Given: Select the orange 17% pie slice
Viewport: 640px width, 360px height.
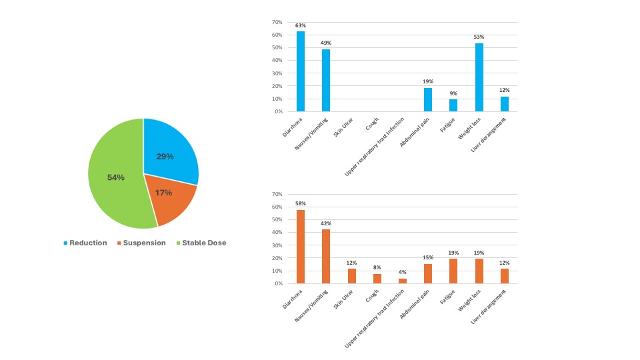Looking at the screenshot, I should tap(167, 197).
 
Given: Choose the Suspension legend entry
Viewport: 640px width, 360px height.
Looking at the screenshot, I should tap(141, 243).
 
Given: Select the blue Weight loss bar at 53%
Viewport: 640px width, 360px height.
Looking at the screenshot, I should tap(479, 77).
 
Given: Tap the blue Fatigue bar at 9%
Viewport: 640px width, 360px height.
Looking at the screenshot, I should tap(453, 105).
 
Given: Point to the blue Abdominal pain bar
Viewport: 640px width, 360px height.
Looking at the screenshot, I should tap(428, 100).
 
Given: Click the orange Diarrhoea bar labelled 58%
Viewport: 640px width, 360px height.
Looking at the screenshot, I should tap(301, 247).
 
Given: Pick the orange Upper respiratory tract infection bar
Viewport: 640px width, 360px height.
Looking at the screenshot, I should tap(402, 281).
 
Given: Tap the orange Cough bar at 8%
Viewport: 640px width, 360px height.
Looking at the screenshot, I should tap(377, 279).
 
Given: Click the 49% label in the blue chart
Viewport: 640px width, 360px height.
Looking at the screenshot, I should tap(326, 43).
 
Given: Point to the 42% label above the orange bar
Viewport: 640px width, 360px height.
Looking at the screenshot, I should tap(326, 223).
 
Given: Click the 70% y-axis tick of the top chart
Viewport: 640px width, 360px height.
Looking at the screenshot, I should tap(277, 22).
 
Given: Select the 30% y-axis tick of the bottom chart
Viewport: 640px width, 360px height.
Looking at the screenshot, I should tap(277, 245).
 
